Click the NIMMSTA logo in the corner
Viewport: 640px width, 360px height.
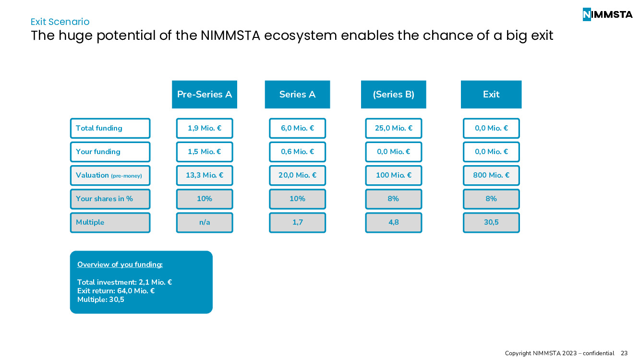[x=607, y=14]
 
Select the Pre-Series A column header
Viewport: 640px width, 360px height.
[x=205, y=95]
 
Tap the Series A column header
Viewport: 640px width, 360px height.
[x=297, y=95]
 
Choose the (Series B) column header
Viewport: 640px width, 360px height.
[x=393, y=95]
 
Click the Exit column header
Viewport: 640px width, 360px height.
[x=491, y=95]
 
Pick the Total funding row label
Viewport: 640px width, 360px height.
[x=110, y=128]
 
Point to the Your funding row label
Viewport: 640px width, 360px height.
[x=110, y=152]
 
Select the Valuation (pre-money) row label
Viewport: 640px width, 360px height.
[x=110, y=175]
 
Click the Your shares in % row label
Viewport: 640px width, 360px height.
[x=110, y=199]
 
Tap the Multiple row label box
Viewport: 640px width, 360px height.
[x=110, y=222]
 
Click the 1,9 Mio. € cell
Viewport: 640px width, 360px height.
[x=205, y=128]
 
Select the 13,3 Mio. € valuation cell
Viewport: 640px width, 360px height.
[x=205, y=175]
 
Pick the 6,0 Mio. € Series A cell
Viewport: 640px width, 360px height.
[x=297, y=128]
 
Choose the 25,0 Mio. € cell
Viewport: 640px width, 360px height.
[x=393, y=128]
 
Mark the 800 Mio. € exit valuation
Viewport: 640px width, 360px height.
[x=491, y=175]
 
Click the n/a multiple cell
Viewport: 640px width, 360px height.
[x=205, y=222]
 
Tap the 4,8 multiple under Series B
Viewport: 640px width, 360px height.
[x=393, y=222]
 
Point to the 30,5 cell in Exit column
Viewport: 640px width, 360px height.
[x=491, y=222]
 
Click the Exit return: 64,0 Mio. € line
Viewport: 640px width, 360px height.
[x=116, y=291]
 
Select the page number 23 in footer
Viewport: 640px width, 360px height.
[x=624, y=353]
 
